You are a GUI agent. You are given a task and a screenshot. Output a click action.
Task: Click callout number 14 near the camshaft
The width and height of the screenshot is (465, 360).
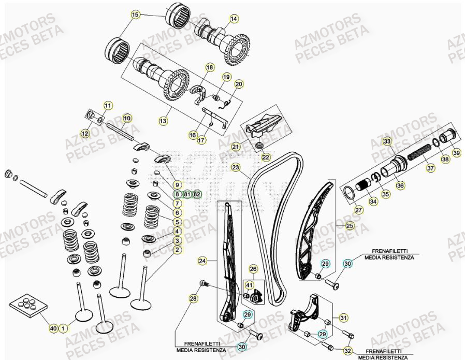[234, 19]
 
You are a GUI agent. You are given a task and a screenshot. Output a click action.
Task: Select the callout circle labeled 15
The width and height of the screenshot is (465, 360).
[136, 15]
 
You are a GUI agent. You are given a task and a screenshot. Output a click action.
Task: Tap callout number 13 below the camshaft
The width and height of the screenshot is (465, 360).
[163, 121]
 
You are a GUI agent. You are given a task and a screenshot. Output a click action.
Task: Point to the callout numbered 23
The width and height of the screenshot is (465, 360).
[236, 167]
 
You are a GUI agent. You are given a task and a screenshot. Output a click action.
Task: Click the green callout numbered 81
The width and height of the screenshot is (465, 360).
[187, 195]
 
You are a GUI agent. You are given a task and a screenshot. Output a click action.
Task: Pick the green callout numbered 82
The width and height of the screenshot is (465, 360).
[197, 195]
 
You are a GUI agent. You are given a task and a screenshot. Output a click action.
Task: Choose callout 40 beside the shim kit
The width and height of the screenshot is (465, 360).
[52, 327]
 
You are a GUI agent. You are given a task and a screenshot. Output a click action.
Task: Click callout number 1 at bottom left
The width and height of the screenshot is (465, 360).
[63, 327]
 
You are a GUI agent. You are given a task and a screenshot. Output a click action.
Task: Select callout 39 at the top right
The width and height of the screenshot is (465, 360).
[456, 153]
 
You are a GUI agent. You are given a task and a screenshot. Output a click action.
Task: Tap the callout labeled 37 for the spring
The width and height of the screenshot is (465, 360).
[430, 168]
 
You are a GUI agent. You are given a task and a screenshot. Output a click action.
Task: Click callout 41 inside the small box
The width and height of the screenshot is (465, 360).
[249, 284]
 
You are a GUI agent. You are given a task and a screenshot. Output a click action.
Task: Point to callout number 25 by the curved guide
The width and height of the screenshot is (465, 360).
[350, 226]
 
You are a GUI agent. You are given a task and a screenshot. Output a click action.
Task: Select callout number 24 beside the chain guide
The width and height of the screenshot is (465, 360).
[202, 261]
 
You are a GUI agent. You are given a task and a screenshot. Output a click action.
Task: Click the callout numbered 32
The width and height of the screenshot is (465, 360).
[347, 351]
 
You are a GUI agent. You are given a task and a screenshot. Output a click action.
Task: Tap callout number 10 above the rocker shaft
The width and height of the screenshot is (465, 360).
[127, 118]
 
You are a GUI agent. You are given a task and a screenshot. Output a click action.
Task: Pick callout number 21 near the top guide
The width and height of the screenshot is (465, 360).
[236, 147]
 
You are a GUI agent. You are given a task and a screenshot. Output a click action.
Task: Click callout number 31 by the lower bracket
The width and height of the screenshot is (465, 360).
[344, 317]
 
